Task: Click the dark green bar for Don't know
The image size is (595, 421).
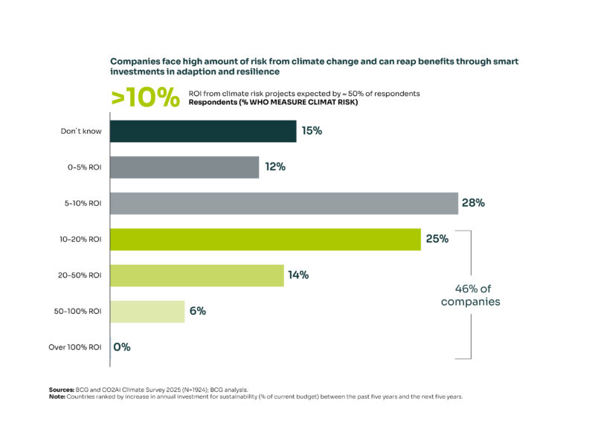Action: coord(202,132)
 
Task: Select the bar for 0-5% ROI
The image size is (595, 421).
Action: coord(184,167)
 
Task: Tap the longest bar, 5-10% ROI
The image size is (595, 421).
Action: coord(283,203)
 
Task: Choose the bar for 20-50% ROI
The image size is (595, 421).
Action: coord(196,275)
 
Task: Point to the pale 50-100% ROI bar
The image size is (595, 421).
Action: coord(147,311)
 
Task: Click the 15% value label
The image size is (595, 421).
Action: coord(312,132)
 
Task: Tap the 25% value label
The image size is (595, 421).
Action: coord(437,239)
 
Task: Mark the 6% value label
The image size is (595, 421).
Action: coord(197,311)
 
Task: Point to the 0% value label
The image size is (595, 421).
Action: coord(122,347)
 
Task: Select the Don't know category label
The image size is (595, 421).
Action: coord(81,132)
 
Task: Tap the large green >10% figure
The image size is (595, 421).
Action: coord(145,97)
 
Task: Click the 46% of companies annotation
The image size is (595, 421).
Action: coord(470,295)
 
